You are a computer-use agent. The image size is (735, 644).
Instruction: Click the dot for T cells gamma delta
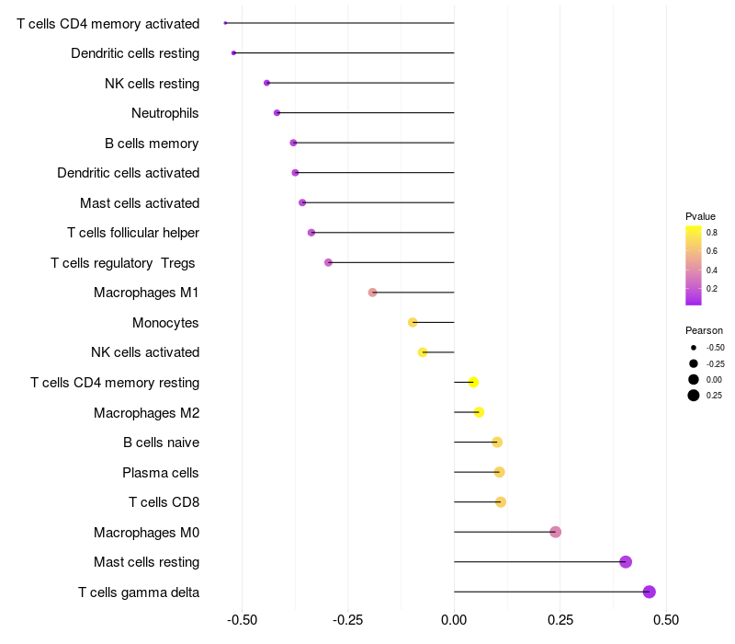pos(650,592)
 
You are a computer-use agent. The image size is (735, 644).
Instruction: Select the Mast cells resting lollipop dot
pos(626,562)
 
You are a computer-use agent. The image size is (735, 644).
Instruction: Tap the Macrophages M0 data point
pos(555,532)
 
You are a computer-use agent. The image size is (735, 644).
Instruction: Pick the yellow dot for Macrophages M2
pos(479,412)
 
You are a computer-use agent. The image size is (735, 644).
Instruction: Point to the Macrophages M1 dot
pos(372,293)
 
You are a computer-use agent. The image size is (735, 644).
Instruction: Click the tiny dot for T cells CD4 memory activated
pos(225,23)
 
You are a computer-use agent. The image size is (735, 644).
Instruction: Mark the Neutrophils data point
pos(277,113)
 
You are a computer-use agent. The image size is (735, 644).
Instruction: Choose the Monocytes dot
pos(413,322)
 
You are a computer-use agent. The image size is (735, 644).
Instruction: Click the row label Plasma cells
pos(161,473)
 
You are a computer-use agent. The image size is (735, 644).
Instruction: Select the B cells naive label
pos(162,443)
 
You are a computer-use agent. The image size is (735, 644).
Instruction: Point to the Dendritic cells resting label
pos(135,53)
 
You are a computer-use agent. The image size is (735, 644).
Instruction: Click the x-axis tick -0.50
pos(242,620)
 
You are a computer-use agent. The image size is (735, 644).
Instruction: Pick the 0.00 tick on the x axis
pos(454,620)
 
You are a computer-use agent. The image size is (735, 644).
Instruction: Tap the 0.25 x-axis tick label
pos(560,620)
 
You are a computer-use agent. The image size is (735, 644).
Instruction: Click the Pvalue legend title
pos(700,216)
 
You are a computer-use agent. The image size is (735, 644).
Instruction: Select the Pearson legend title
pos(704,330)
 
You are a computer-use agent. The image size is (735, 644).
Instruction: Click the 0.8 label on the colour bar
pos(712,233)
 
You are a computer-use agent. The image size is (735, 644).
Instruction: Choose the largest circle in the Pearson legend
pos(693,396)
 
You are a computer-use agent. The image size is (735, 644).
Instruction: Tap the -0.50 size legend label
pos(715,348)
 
